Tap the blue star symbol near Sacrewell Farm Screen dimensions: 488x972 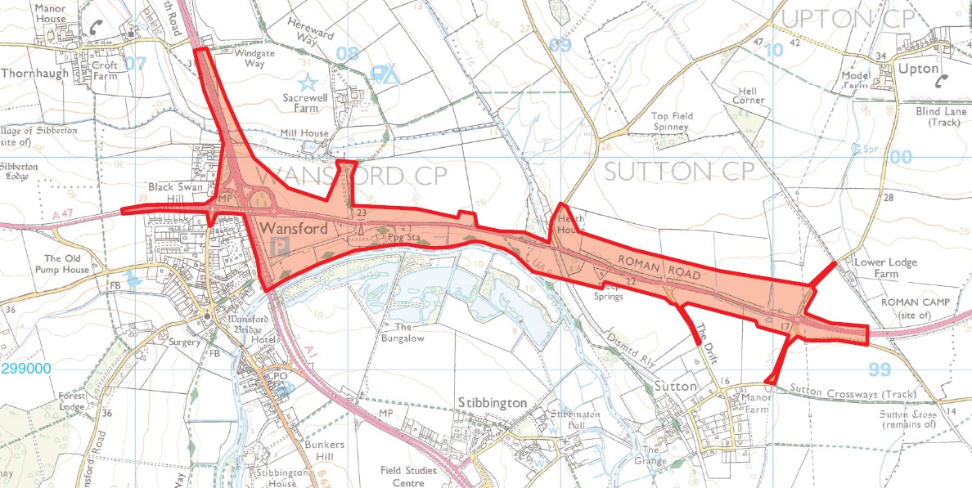[307, 82]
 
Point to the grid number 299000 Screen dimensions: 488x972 [26, 369]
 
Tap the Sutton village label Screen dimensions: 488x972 [675, 385]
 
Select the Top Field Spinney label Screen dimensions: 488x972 [672, 122]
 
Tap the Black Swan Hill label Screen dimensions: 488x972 [175, 193]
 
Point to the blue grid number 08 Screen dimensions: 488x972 [349, 55]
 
